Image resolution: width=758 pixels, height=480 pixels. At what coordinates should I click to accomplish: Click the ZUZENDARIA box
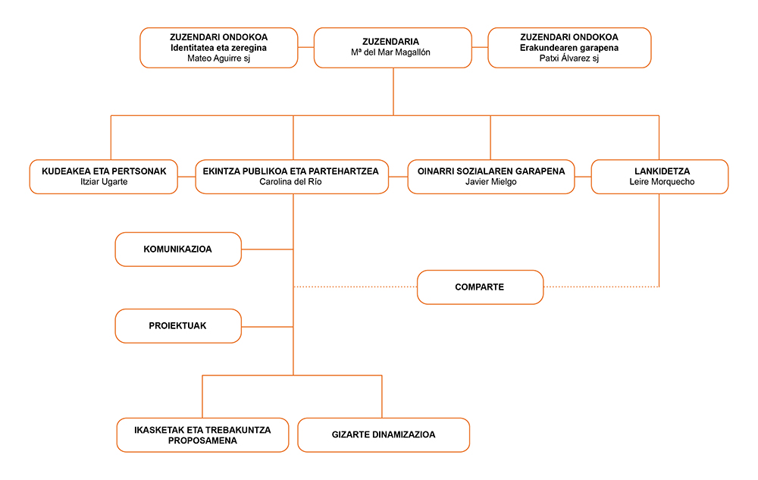pyautogui.click(x=393, y=47)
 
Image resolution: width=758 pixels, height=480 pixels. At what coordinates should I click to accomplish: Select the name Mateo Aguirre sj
pyautogui.click(x=218, y=58)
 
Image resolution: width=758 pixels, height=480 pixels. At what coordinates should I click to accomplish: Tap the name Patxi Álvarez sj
pyautogui.click(x=569, y=58)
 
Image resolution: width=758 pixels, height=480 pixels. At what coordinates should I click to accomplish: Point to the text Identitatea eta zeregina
pyautogui.click(x=218, y=47)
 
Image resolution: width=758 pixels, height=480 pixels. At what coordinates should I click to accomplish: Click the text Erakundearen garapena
pyautogui.click(x=569, y=47)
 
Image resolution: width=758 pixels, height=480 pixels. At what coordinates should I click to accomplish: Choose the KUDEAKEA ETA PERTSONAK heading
pyautogui.click(x=104, y=171)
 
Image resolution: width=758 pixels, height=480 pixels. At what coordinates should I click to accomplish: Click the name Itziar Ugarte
pyautogui.click(x=104, y=182)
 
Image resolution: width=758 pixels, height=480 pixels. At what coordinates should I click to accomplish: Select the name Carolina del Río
pyautogui.click(x=290, y=182)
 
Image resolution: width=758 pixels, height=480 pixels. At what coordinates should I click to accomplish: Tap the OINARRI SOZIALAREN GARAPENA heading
pyautogui.click(x=491, y=171)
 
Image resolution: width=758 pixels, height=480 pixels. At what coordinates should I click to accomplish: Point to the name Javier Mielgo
pyautogui.click(x=490, y=182)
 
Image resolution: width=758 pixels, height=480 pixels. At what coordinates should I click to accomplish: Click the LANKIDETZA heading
pyautogui.click(x=662, y=171)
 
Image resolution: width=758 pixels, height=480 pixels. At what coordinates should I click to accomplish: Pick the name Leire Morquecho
pyautogui.click(x=662, y=182)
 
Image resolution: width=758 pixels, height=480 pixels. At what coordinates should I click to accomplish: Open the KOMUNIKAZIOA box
pyautogui.click(x=178, y=249)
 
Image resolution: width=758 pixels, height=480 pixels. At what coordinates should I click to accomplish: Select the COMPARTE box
pyautogui.click(x=480, y=287)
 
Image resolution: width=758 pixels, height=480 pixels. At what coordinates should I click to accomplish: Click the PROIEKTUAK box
pyautogui.click(x=178, y=326)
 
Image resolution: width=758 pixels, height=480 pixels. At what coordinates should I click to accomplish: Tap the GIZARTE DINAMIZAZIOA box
pyautogui.click(x=384, y=435)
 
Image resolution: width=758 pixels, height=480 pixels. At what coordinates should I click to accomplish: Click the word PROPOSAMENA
pyautogui.click(x=202, y=441)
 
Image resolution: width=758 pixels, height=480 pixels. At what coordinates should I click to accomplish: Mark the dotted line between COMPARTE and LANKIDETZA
pyautogui.click(x=601, y=287)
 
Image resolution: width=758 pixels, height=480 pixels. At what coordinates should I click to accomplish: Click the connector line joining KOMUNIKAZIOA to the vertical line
pyautogui.click(x=268, y=249)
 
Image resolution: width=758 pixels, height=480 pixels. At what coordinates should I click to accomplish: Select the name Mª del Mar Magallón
pyautogui.click(x=390, y=52)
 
